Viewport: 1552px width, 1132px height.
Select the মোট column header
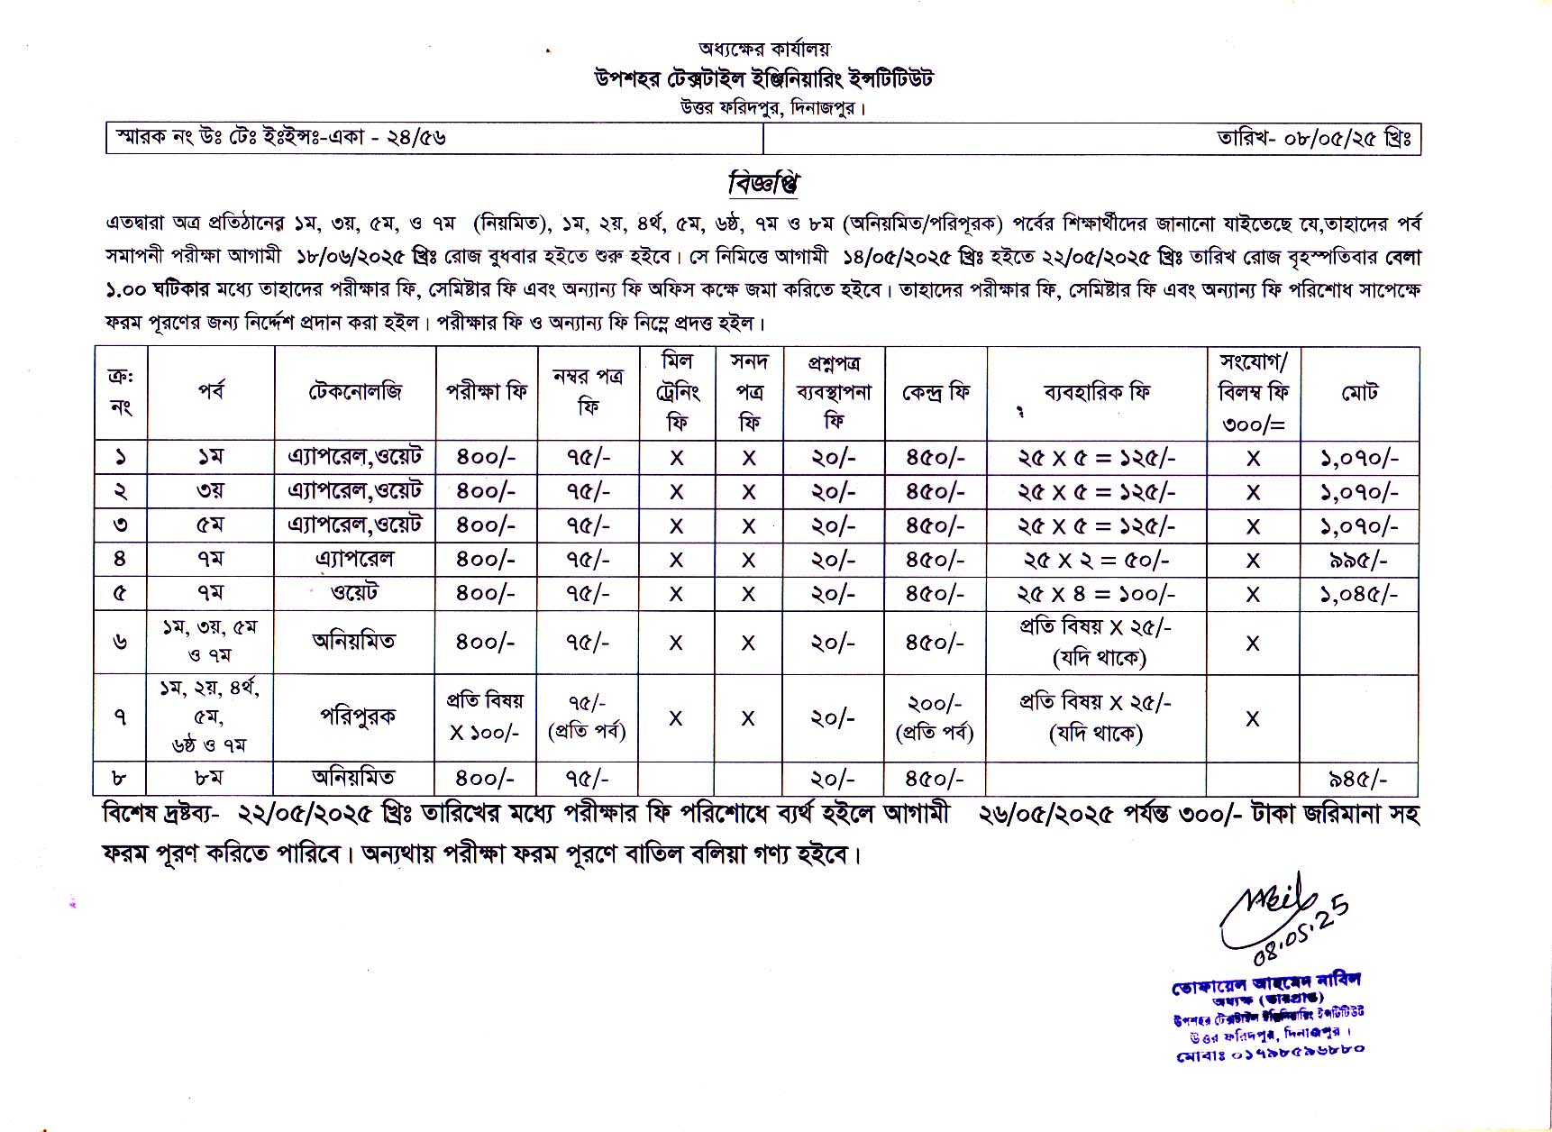coord(1359,393)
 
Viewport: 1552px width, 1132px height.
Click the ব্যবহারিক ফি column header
coord(1096,393)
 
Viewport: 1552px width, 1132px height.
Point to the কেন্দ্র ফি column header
coord(936,393)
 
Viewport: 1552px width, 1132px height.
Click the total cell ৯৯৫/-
coord(1359,560)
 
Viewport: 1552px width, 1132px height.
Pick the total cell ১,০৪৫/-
coord(1359,594)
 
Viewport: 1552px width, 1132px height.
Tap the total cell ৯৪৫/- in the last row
coord(1359,779)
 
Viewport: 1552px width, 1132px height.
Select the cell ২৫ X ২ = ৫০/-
coord(1096,560)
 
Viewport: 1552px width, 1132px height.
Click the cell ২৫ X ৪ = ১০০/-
coord(1096,594)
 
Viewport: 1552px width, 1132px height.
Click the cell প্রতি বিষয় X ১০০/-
coord(485,717)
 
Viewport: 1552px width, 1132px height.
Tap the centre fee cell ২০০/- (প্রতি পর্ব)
coord(935,717)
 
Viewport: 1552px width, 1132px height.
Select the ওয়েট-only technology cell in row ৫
coord(354,592)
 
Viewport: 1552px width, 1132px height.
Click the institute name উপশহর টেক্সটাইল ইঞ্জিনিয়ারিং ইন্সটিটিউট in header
coord(763,79)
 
